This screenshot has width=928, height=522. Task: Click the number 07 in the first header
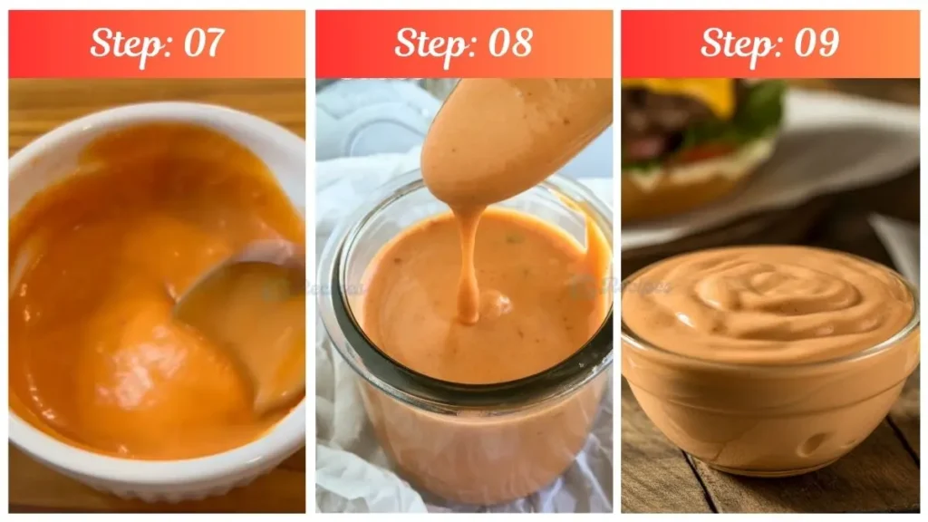coord(200,43)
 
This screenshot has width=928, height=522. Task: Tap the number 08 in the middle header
coord(507,43)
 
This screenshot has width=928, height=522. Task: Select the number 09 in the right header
coord(815,43)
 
